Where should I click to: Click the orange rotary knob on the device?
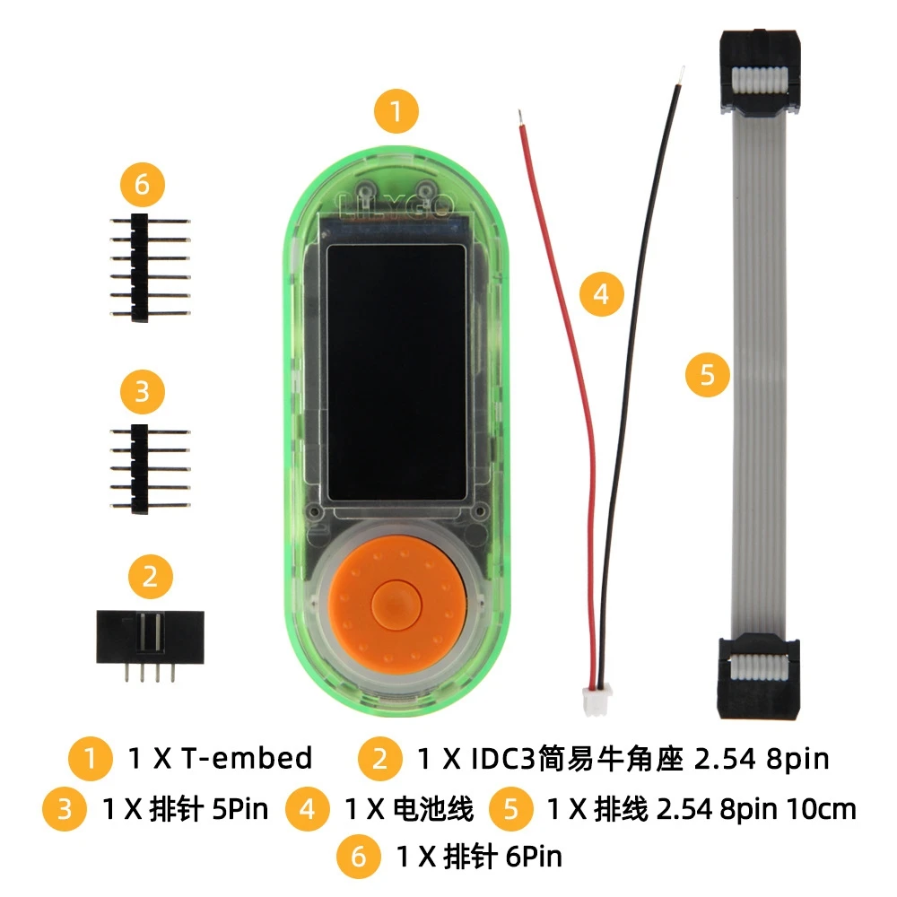(396, 604)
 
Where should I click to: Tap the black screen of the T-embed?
(396, 373)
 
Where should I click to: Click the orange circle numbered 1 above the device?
(396, 111)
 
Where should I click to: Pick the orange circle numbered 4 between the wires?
(601, 294)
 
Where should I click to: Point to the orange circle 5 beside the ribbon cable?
(708, 375)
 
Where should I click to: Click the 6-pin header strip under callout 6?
(149, 267)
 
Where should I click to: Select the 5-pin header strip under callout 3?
(149, 468)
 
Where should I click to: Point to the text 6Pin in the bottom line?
(534, 857)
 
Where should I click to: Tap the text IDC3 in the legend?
(503, 759)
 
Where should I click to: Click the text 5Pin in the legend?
(240, 809)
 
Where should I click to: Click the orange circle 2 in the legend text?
(379, 759)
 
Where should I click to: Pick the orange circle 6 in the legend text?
(358, 857)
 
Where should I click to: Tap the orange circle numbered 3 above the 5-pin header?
(143, 392)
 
